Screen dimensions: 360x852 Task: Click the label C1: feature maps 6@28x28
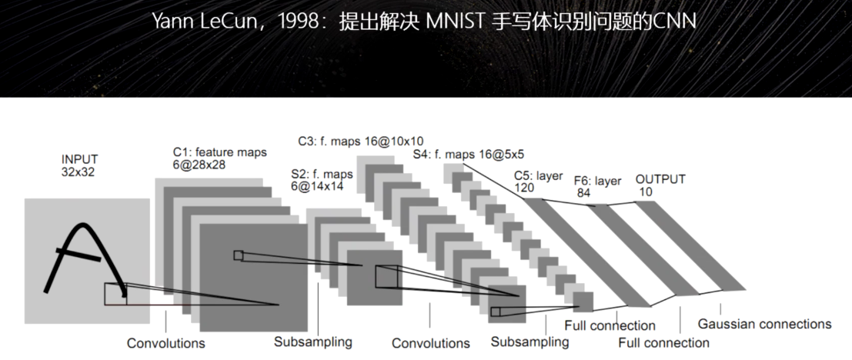click(219, 158)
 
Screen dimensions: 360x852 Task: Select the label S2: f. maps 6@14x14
click(322, 179)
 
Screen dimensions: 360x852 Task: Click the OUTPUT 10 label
click(660, 185)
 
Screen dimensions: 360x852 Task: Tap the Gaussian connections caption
click(764, 324)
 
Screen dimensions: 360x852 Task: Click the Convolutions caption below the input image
click(165, 342)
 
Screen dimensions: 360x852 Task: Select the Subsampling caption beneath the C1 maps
click(312, 342)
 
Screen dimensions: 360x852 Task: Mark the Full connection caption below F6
click(663, 342)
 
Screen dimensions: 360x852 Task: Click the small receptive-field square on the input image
click(115, 293)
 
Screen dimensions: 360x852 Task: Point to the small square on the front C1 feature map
click(238, 255)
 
